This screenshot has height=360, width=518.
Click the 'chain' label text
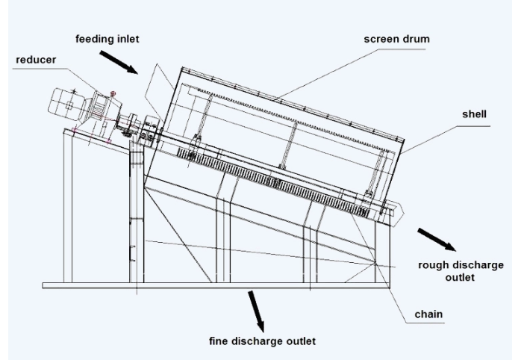click(x=431, y=314)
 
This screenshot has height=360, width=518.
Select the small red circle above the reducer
click(x=113, y=93)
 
